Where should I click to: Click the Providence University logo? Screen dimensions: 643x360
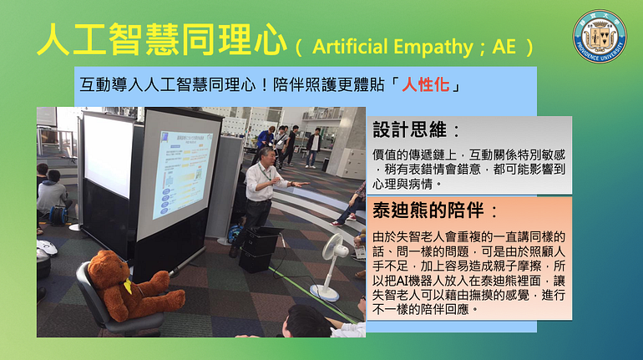[600, 36]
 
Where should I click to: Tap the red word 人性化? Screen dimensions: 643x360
[426, 85]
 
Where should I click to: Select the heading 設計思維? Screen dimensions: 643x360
[410, 130]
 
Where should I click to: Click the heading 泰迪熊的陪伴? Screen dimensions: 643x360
[428, 210]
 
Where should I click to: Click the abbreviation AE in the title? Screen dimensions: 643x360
[504, 46]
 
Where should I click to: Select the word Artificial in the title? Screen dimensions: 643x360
[348, 46]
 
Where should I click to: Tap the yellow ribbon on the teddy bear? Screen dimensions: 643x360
[128, 286]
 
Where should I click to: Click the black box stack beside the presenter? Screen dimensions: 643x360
[261, 249]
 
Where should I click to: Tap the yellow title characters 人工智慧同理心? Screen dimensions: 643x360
[161, 39]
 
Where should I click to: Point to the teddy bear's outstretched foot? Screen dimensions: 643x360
[175, 299]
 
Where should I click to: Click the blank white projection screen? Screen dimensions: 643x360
[109, 155]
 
